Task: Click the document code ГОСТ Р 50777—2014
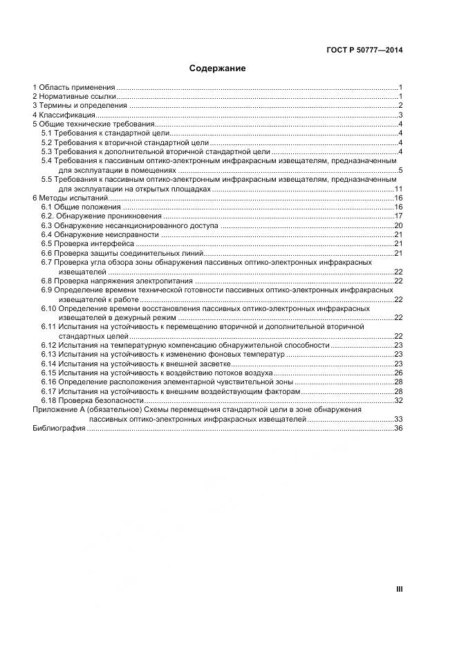click(364, 50)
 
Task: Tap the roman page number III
click(399, 589)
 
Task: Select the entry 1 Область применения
click(74, 88)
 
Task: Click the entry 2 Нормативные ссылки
click(74, 97)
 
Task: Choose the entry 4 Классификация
click(64, 115)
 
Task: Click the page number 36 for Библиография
click(398, 429)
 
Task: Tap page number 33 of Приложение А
click(398, 420)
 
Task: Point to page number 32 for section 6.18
click(398, 401)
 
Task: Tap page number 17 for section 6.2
click(398, 216)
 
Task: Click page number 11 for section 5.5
click(398, 189)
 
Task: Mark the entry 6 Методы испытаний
click(70, 198)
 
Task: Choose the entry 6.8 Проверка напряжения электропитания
click(115, 281)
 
